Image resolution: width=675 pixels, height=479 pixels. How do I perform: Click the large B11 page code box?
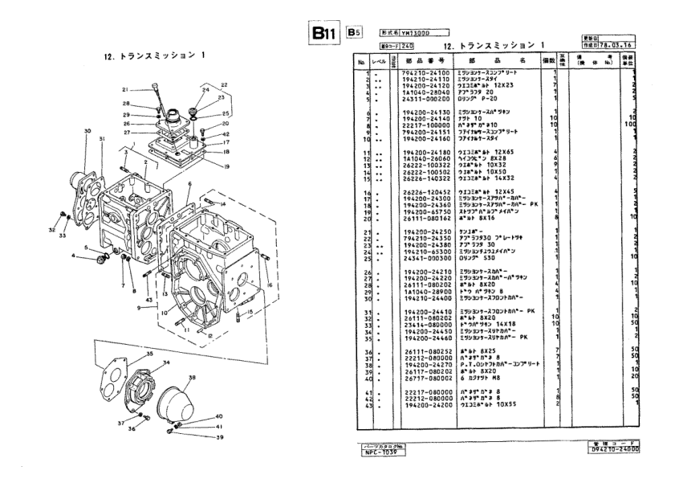(324, 35)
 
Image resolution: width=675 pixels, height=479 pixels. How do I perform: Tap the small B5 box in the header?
(354, 34)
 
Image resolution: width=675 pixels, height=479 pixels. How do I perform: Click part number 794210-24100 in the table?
(424, 72)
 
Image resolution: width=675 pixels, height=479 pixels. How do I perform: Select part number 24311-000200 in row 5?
(424, 100)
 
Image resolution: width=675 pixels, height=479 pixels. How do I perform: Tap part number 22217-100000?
(424, 125)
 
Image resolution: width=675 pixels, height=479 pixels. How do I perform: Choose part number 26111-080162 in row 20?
(424, 218)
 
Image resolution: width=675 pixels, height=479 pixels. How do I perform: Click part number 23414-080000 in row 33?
(424, 324)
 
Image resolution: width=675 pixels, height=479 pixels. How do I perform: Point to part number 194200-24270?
(424, 363)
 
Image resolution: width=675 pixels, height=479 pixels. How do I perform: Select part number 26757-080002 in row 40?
(424, 376)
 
